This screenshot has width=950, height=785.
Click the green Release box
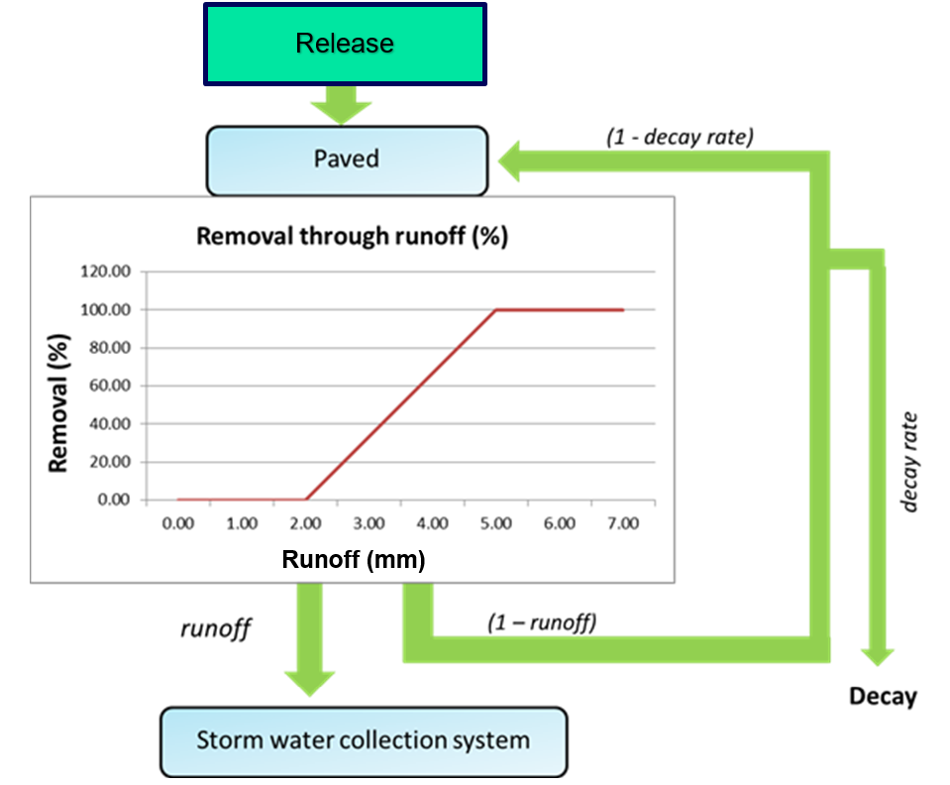click(x=345, y=45)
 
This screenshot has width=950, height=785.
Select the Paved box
click(x=347, y=160)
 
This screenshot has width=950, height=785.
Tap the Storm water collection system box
click(x=364, y=740)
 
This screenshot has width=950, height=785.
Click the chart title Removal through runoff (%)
click(x=352, y=237)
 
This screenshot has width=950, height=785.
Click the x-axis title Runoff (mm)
click(x=354, y=560)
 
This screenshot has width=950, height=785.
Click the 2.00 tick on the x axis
click(x=305, y=523)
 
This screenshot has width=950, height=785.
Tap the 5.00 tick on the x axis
click(x=495, y=523)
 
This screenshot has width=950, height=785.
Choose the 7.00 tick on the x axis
click(x=622, y=523)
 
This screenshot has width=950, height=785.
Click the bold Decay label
click(x=883, y=697)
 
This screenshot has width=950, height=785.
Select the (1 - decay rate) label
click(x=681, y=137)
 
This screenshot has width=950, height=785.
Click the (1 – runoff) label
click(x=542, y=623)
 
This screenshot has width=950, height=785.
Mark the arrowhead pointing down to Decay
click(x=877, y=654)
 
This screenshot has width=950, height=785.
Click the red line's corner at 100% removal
click(x=495, y=310)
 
